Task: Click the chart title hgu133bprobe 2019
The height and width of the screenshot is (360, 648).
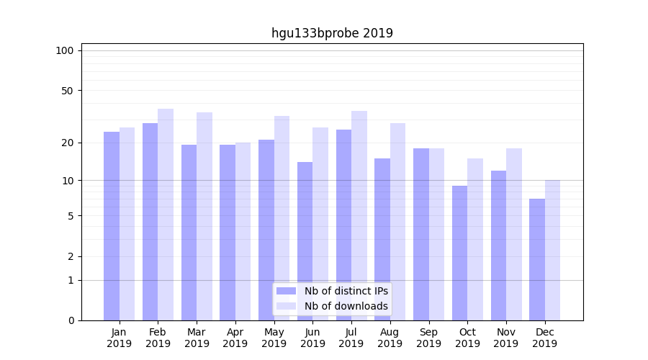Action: coord(332,33)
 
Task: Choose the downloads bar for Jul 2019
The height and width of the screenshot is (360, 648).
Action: coord(359,216)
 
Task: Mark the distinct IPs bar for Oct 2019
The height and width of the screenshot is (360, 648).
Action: coord(459,253)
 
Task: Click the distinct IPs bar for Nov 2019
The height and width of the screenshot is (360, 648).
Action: coord(498,246)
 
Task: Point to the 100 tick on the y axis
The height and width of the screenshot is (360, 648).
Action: coord(65,50)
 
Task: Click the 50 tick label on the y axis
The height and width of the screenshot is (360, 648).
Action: coord(68,91)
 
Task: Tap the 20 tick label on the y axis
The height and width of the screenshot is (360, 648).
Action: coord(68,143)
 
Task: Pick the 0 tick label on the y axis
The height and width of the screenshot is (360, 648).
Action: coord(71,320)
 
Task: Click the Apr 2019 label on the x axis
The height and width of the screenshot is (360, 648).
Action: coord(235,338)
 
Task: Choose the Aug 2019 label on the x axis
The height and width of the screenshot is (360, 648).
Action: coord(390,338)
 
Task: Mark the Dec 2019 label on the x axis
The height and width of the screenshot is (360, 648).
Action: coord(544,338)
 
